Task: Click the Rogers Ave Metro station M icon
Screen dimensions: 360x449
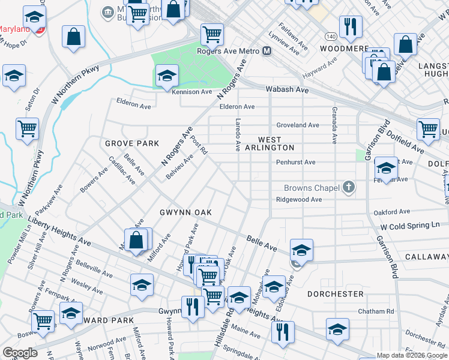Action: coord(267,52)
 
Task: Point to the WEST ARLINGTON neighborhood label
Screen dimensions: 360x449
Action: coord(268,148)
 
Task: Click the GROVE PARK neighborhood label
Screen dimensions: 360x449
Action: coord(132,143)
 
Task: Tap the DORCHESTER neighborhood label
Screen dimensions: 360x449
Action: coord(336,294)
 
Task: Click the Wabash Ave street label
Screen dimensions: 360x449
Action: coord(288,90)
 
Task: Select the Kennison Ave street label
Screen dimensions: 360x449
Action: coord(192,92)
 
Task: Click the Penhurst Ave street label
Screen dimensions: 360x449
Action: coord(295,162)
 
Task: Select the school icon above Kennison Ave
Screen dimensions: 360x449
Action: coord(167,76)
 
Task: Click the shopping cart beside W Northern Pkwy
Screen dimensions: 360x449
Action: coord(27,128)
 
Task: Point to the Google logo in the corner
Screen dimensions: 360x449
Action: coord(19,353)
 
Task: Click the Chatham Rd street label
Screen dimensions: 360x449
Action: coord(375,311)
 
